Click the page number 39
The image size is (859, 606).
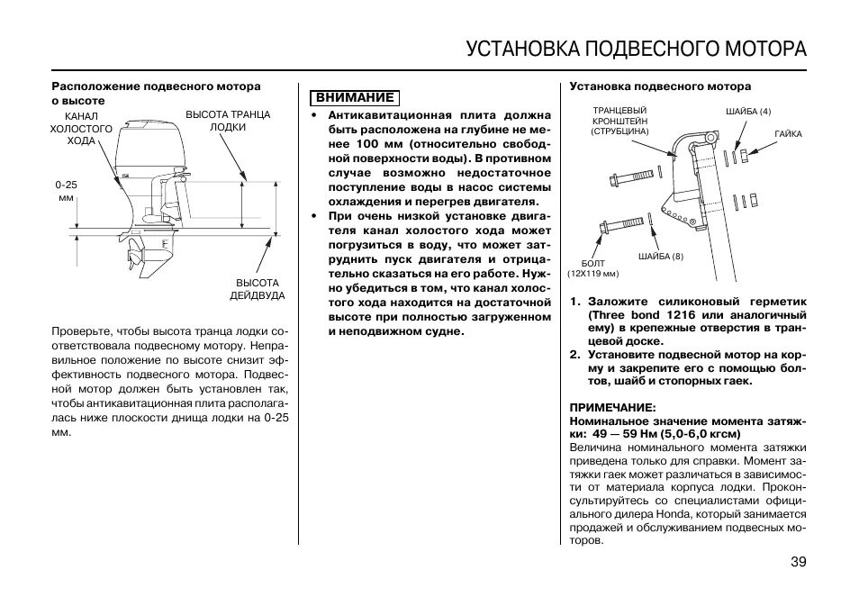[x=799, y=563]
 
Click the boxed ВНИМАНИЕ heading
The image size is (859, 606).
[x=354, y=97]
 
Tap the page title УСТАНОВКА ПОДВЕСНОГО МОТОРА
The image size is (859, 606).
[x=636, y=48]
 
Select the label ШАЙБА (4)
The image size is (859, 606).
[x=748, y=111]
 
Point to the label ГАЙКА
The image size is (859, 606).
[x=787, y=133]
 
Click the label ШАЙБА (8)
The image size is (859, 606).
[x=661, y=257]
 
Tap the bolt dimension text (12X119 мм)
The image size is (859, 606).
[x=593, y=274]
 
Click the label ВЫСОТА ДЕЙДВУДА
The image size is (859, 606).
[x=257, y=289]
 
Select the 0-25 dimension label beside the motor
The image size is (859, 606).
[x=66, y=190]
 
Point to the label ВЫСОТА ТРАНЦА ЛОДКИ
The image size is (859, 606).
[x=228, y=121]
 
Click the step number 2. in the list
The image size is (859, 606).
[x=574, y=354]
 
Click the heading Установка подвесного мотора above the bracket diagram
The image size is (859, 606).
[x=659, y=86]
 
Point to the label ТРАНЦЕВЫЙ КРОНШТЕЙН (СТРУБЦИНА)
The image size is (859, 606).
[x=620, y=121]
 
